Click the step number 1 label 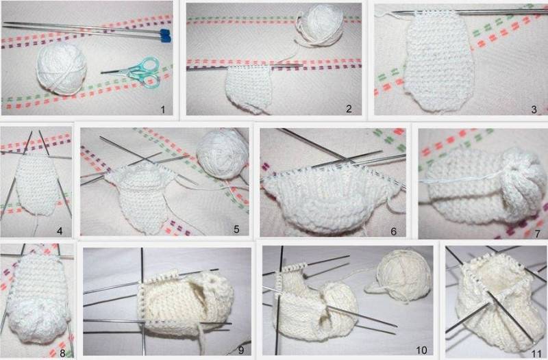(162, 110)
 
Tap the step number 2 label (349, 109)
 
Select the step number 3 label (534, 110)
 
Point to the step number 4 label (60, 231)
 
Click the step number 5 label (236, 229)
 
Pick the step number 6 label (393, 231)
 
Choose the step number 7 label (538, 233)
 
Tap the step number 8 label (62, 351)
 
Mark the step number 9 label (241, 350)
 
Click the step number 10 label (421, 350)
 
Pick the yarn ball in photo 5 (223, 153)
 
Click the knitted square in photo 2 (248, 89)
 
